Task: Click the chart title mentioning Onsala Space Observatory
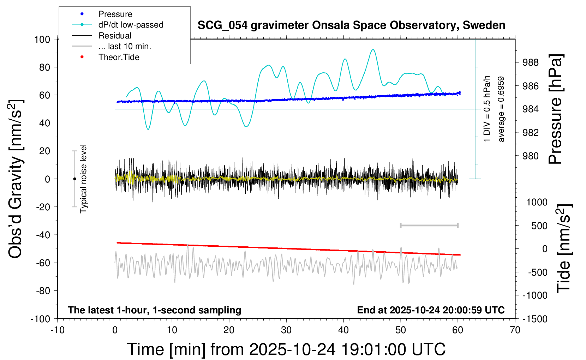point(351,25)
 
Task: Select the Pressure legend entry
point(115,14)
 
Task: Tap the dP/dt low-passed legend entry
point(131,25)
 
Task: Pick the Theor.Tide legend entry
point(119,57)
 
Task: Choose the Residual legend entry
point(115,36)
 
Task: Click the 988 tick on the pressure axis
point(531,62)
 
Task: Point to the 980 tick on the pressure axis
point(531,156)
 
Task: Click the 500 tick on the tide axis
point(539,226)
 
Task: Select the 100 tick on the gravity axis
point(42,39)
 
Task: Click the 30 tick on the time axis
point(286,330)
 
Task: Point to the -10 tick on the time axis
point(58,330)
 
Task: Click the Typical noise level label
point(83,179)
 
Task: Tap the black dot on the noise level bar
point(74,179)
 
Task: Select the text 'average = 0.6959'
point(501,109)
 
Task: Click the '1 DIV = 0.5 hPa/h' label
point(487,109)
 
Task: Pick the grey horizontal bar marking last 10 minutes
point(429,226)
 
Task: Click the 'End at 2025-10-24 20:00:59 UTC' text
point(431,310)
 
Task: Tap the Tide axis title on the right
point(563,248)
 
